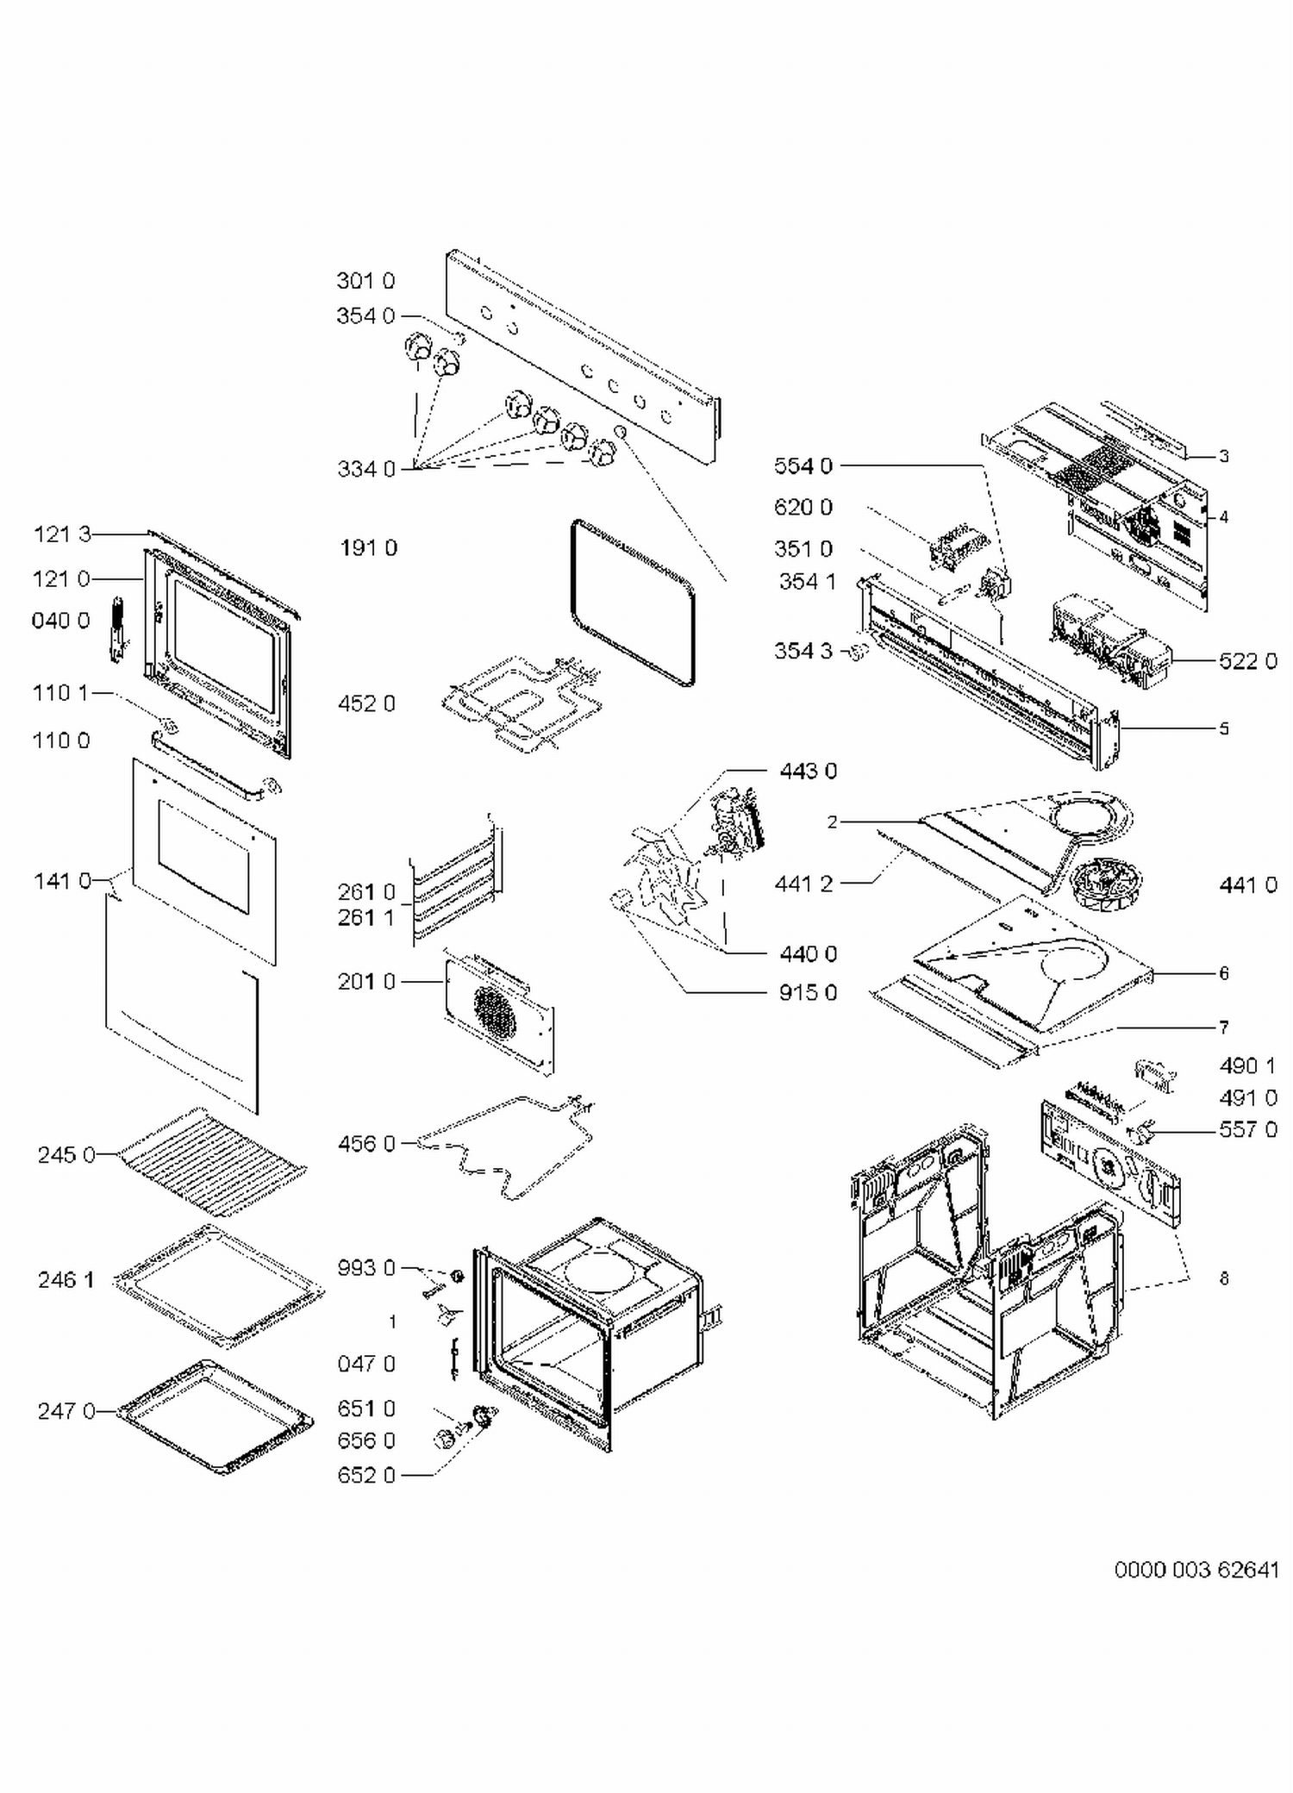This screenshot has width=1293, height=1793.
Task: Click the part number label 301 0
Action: click(365, 281)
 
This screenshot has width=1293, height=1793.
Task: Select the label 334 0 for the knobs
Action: click(366, 469)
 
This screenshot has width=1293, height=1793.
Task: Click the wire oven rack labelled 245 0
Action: click(212, 1160)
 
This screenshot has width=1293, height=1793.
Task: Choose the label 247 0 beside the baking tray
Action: click(66, 1411)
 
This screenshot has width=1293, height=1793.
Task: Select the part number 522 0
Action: click(1247, 661)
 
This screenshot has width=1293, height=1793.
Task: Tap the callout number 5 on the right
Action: click(1223, 728)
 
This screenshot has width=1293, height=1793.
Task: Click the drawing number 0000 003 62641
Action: click(1196, 1570)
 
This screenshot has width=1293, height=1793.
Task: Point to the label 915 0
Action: click(808, 993)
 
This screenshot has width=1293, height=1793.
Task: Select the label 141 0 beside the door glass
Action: click(62, 881)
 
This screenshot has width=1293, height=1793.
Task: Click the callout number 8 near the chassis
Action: click(1223, 1279)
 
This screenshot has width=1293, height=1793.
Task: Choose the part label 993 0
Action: click(366, 1268)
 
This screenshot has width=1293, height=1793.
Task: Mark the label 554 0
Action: click(803, 466)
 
